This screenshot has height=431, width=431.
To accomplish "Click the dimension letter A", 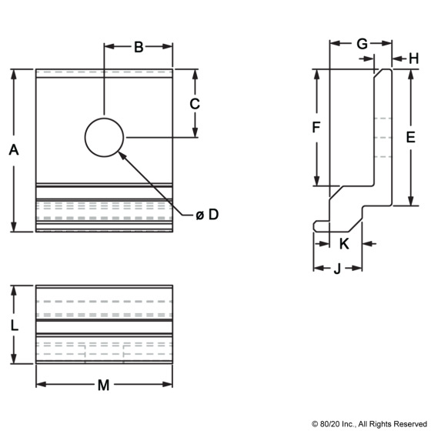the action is click(x=14, y=150).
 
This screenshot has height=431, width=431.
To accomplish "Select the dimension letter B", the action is click(x=139, y=47).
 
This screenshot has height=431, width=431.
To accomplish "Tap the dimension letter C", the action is click(x=195, y=104).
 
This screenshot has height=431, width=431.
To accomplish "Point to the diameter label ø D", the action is click(x=207, y=215).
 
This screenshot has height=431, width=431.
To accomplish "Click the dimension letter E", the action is click(x=411, y=137).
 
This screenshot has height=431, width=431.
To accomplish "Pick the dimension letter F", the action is click(x=316, y=127).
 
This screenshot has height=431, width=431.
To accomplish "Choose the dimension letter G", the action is click(x=362, y=44).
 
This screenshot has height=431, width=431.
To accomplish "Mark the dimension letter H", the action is click(x=414, y=58).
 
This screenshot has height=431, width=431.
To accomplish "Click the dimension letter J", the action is click(x=337, y=269).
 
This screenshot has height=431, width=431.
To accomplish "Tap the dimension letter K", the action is click(x=344, y=244).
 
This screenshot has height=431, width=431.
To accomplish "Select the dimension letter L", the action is click(x=15, y=326).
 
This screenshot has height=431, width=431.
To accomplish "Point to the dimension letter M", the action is click(x=103, y=385).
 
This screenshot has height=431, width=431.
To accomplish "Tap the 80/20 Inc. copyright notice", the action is click(x=369, y=424).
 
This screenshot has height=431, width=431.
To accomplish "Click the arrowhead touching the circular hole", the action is click(x=122, y=155).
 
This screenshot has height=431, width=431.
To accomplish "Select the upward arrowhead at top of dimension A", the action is click(x=14, y=75).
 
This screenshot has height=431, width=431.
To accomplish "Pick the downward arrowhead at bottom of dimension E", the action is click(x=411, y=201).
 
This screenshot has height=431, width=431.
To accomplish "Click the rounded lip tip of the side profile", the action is click(x=315, y=226).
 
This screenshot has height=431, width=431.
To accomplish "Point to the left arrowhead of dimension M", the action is click(x=42, y=384).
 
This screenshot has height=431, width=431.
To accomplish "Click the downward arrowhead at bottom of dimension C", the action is click(x=195, y=132).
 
